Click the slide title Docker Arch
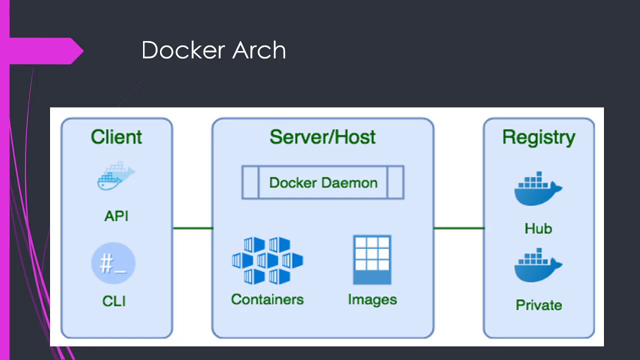[x=213, y=50]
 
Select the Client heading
[x=116, y=137]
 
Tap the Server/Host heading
[x=322, y=137]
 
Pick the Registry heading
[x=538, y=137]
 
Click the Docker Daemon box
[x=323, y=182]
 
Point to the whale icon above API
[x=116, y=176]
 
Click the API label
[x=116, y=216]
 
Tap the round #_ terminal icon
[x=113, y=263]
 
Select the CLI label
[x=114, y=301]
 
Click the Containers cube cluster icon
[x=267, y=260]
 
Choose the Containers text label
[x=267, y=299]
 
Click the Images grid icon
[x=372, y=259]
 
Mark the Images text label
[x=372, y=299]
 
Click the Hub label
[x=538, y=228]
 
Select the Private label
[x=538, y=305]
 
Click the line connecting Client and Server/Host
[x=192, y=228]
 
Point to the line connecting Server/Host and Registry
[x=458, y=228]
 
